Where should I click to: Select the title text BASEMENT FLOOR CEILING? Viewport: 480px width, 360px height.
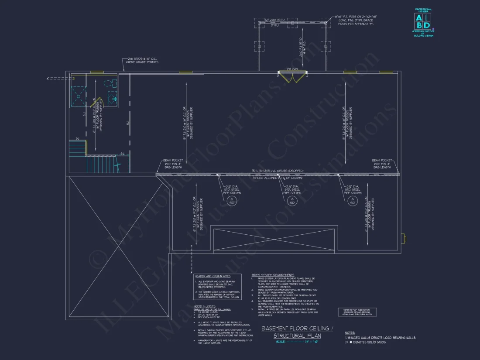coord(297,328)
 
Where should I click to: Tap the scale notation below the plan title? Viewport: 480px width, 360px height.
coord(297,342)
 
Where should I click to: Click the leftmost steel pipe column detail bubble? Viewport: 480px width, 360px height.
coord(231,200)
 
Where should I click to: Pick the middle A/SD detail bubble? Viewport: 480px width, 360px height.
coord(291,200)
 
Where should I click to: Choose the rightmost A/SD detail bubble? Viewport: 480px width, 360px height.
coord(352,200)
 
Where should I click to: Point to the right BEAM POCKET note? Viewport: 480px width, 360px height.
coord(382,164)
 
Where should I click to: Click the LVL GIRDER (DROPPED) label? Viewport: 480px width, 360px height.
coord(278,171)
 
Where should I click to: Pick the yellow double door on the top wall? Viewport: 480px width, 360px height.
coord(293,78)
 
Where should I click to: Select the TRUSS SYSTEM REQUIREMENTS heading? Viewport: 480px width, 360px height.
coord(273,275)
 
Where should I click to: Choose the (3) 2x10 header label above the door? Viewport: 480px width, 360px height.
coord(292,69)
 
